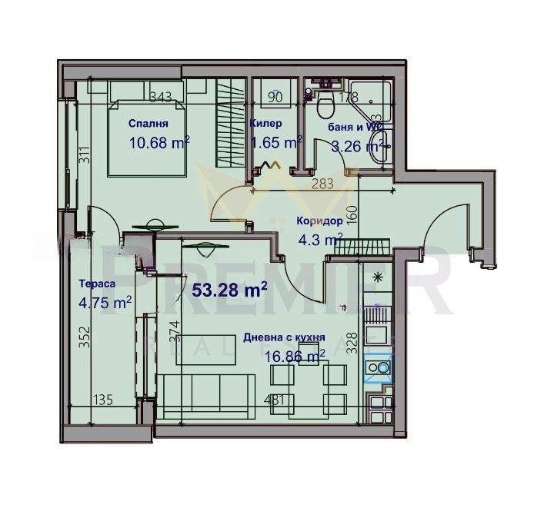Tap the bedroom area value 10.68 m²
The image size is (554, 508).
159,141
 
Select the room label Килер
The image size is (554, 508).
265,123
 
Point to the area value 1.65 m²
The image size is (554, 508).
276,141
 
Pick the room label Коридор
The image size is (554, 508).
319,221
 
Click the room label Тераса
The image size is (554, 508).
97,284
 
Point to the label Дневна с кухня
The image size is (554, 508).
283,337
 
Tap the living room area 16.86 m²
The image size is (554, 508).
294,355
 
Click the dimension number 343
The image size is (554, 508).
160,97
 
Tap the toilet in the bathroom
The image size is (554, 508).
324,103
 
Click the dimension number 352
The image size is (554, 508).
85,339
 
